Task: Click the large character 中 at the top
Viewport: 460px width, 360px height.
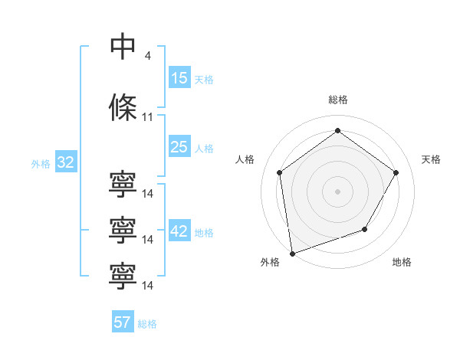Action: coord(123,47)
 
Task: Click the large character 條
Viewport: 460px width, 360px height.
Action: coord(123,107)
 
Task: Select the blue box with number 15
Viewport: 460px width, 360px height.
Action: coord(179,78)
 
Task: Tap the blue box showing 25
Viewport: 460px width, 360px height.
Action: coord(179,147)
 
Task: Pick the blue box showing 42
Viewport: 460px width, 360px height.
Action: coord(179,231)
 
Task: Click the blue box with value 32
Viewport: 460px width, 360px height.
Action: coord(65,162)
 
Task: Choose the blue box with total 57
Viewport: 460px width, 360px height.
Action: coord(123,322)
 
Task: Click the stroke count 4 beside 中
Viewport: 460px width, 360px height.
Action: coord(148,56)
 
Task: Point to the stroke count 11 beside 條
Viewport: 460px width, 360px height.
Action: coord(148,117)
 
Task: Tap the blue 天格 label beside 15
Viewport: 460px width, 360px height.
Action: coord(204,80)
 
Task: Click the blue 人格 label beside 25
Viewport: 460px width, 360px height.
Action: coord(204,149)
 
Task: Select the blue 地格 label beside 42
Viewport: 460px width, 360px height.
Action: coord(204,233)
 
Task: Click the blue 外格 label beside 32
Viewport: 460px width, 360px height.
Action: coord(41,164)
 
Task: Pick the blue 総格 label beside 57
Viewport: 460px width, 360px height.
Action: coord(147,324)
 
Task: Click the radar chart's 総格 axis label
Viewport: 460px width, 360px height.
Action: coord(337,100)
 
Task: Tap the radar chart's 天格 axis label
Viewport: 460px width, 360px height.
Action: coord(432,159)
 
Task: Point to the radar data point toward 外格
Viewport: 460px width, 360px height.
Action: coord(292,253)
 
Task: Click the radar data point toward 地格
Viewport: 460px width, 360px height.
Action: coord(365,229)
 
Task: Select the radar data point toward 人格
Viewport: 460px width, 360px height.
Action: coord(280,172)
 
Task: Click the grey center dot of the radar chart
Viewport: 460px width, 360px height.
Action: coord(337,191)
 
